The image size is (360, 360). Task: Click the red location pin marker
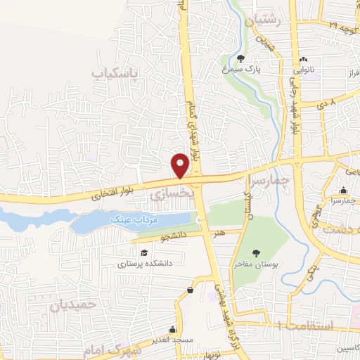coord(181,166)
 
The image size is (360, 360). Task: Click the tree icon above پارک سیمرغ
coord(241,59)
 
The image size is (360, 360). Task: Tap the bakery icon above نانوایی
coord(303,60)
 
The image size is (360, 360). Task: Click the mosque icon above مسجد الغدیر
coord(172,329)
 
